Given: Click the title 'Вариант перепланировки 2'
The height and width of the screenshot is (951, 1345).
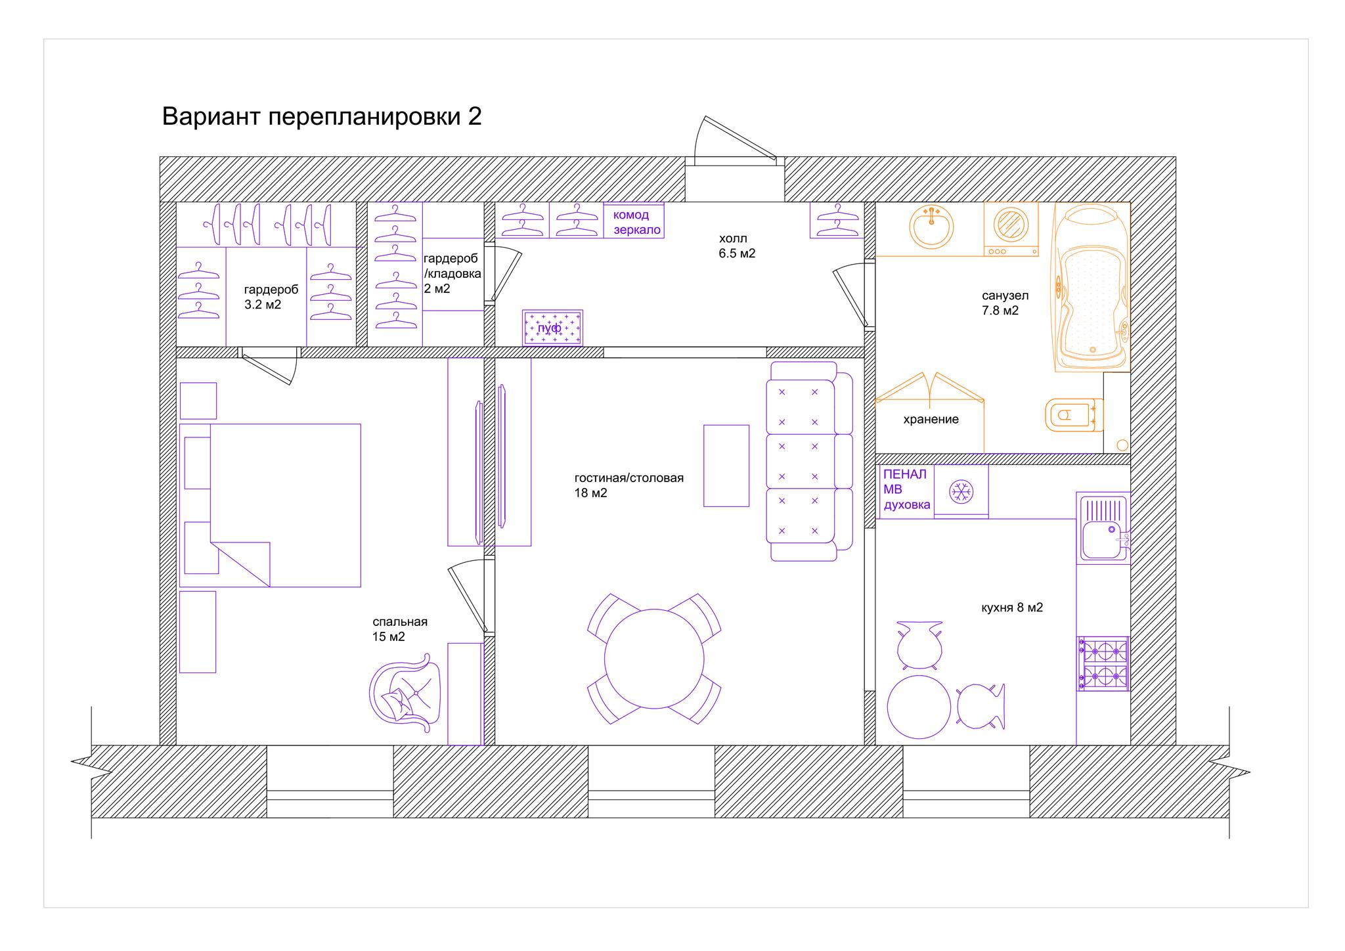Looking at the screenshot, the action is [322, 116].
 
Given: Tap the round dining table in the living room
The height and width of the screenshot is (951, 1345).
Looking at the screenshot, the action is [654, 659].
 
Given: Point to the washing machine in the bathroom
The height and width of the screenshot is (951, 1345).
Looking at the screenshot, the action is [1011, 229].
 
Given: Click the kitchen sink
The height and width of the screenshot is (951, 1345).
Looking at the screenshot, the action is [1103, 527].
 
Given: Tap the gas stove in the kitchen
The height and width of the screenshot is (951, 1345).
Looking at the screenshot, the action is [1103, 663].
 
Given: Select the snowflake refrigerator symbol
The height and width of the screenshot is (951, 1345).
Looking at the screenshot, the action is [961, 492].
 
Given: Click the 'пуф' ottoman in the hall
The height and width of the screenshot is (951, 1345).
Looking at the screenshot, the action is [552, 328].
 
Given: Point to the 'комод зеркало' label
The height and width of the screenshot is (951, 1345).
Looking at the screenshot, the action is [636, 223].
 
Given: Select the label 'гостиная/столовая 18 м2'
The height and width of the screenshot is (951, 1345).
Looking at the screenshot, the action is [629, 485].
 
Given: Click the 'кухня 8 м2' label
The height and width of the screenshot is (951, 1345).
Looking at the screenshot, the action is [1012, 608].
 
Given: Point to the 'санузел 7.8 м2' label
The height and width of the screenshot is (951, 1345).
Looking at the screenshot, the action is [1005, 303].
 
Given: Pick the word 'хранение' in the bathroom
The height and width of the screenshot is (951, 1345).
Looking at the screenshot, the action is [931, 420].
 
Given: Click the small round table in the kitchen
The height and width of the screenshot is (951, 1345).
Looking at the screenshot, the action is [919, 708].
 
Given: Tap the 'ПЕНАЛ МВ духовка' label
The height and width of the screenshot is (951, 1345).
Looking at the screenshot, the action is [907, 490].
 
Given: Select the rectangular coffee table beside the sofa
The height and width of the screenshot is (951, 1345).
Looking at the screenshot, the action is [726, 466].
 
